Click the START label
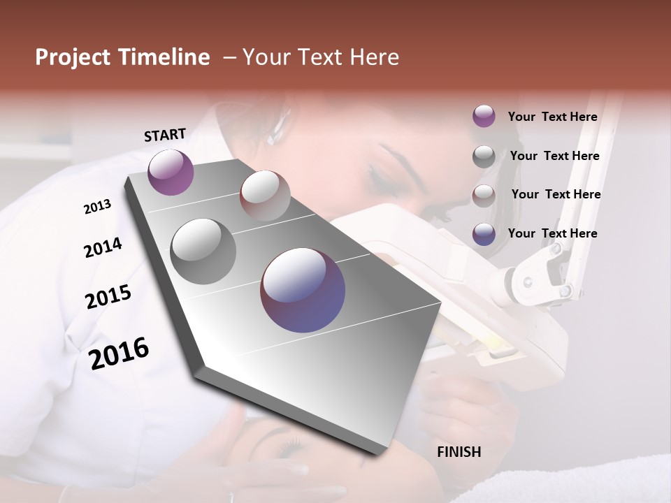pyautogui.click(x=165, y=134)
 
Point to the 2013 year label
pyautogui.click(x=97, y=207)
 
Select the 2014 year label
pyautogui.click(x=103, y=247)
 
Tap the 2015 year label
pyautogui.click(x=108, y=297)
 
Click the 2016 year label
pyautogui.click(x=119, y=353)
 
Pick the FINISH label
pyautogui.click(x=459, y=452)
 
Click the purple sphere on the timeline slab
pyautogui.click(x=171, y=172)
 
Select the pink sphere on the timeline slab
pyautogui.click(x=264, y=195)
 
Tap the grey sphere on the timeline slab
pyautogui.click(x=203, y=251)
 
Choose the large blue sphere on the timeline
pyautogui.click(x=303, y=290)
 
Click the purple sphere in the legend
pyautogui.click(x=484, y=116)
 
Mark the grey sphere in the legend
pyautogui.click(x=484, y=156)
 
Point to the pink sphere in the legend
pyautogui.click(x=484, y=195)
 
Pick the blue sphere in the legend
pyautogui.click(x=484, y=233)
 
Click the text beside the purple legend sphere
pyautogui.click(x=552, y=117)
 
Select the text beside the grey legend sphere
pyautogui.click(x=554, y=156)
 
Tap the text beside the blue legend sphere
pyautogui.click(x=552, y=233)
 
